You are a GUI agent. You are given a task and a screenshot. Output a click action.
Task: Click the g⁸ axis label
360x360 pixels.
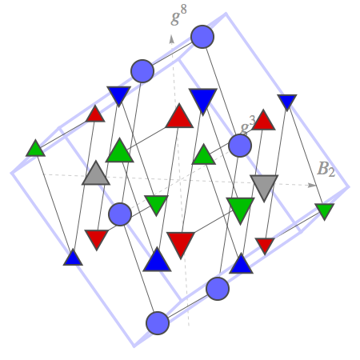click(x=178, y=15)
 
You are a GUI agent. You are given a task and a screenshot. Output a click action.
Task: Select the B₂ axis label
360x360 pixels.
click(x=326, y=170)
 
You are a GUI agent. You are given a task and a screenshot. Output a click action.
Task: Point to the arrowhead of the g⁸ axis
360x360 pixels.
click(x=172, y=39)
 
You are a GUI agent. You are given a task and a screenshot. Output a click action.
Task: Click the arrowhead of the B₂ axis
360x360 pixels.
click(x=311, y=185)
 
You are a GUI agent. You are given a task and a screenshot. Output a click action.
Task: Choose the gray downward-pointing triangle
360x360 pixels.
click(x=264, y=186)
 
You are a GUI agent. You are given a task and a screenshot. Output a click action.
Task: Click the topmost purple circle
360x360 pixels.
click(x=202, y=37)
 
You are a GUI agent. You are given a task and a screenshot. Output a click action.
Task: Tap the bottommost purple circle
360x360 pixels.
click(x=158, y=323)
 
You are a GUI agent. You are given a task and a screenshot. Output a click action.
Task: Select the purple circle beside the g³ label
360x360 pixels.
click(x=240, y=146)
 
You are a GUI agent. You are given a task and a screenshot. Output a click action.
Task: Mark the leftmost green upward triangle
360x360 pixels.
click(x=35, y=150)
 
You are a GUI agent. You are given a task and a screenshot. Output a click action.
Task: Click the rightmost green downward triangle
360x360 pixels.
click(x=324, y=210)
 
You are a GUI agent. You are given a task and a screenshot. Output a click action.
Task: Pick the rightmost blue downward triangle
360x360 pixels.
click(x=287, y=101)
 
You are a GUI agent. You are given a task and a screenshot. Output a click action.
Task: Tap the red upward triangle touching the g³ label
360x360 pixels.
click(x=263, y=122)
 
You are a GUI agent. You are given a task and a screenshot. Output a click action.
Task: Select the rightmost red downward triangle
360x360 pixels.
click(x=265, y=245)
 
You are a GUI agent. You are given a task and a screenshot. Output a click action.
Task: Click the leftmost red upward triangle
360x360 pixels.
click(x=95, y=115)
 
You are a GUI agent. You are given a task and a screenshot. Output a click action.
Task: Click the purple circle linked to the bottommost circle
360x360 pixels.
click(x=218, y=289)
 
